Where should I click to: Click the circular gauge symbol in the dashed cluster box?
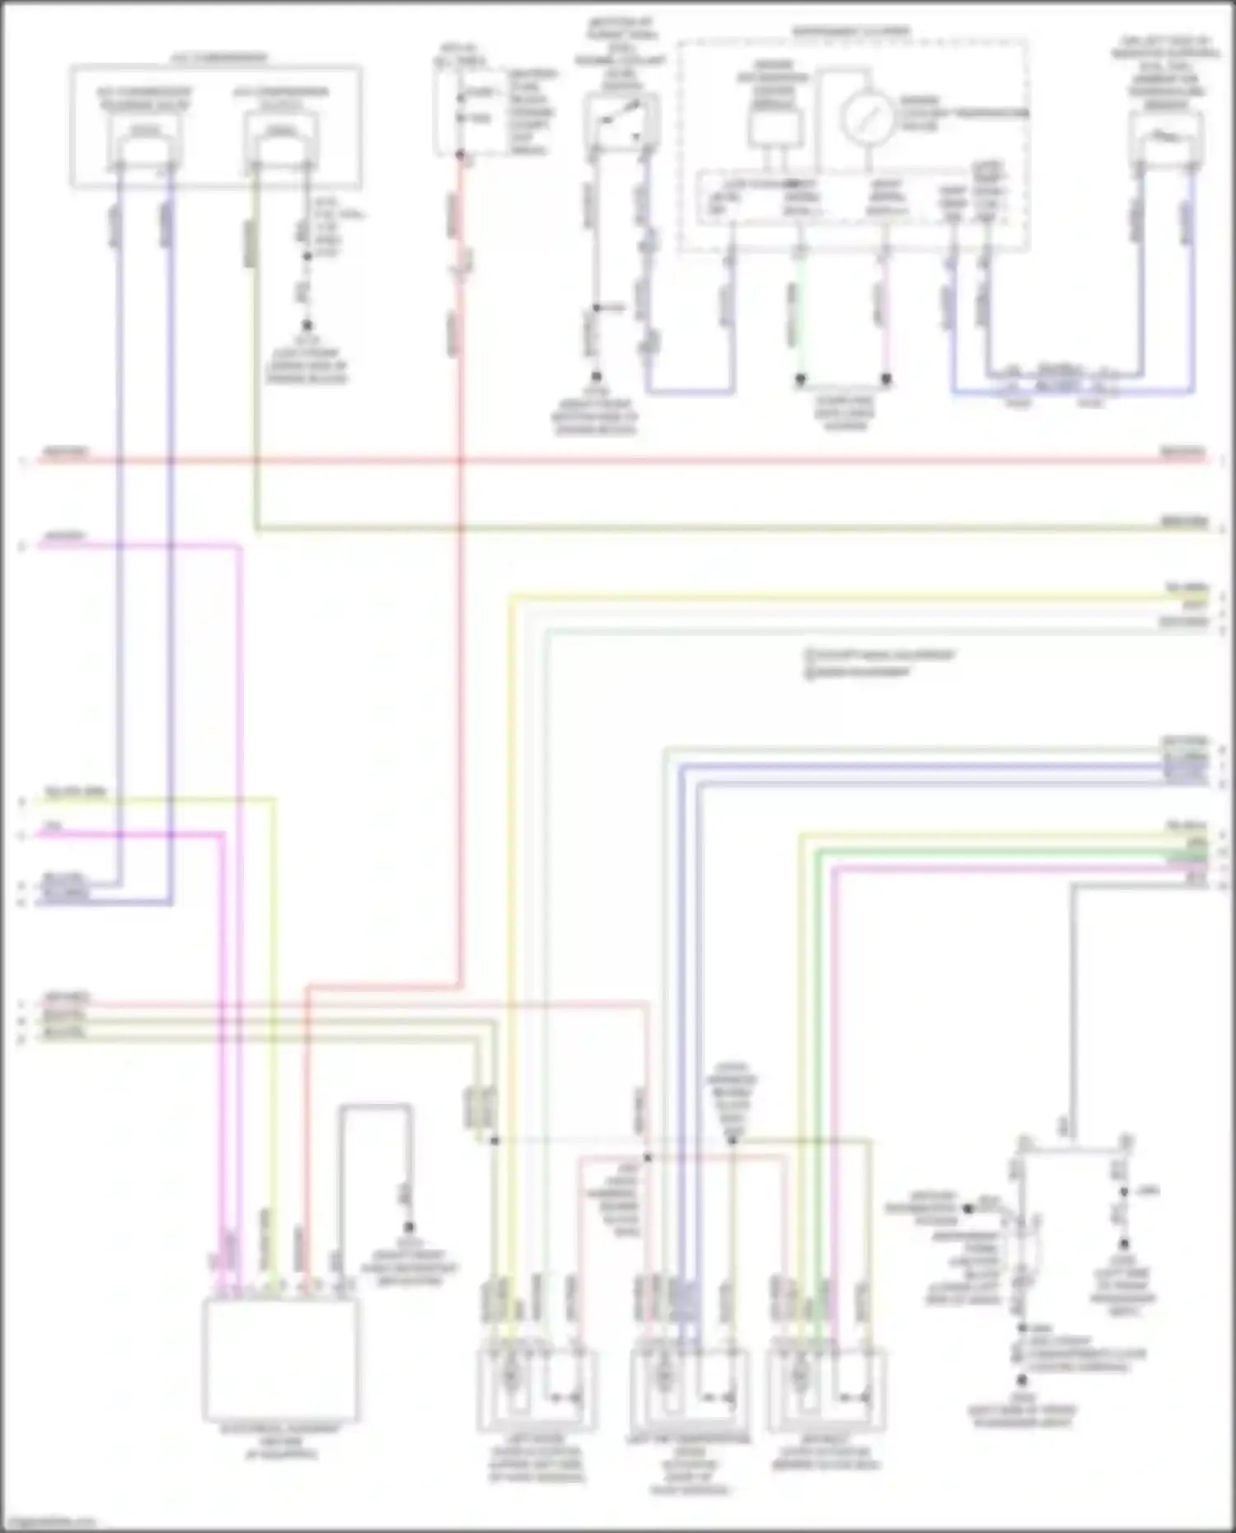pos(867,117)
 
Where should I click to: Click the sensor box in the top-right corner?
pos(1165,137)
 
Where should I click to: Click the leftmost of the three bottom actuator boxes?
pos(536,1390)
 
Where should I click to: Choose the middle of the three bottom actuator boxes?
pos(689,1390)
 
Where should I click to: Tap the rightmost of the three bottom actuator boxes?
pos(826,1390)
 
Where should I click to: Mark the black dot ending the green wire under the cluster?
pos(799,379)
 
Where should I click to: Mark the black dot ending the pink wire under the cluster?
pos(887,379)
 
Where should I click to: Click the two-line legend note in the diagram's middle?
pos(878,664)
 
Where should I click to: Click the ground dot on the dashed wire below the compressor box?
pos(307,326)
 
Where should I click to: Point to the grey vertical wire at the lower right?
pos(1073,1005)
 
